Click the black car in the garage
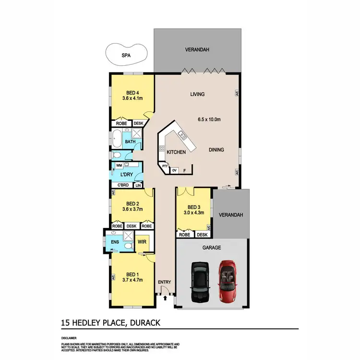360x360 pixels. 199,282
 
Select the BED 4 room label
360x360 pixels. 132,93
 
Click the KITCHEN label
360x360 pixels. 176,152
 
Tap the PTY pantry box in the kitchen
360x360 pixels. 165,166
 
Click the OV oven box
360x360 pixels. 175,170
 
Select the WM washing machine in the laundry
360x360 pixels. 119,165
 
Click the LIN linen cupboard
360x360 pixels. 138,185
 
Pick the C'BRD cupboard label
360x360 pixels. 121,185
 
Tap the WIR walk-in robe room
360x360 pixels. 142,243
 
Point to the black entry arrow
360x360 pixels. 166,298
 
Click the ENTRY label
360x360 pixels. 164,282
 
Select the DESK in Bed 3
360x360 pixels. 202,235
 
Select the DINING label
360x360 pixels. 217,150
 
